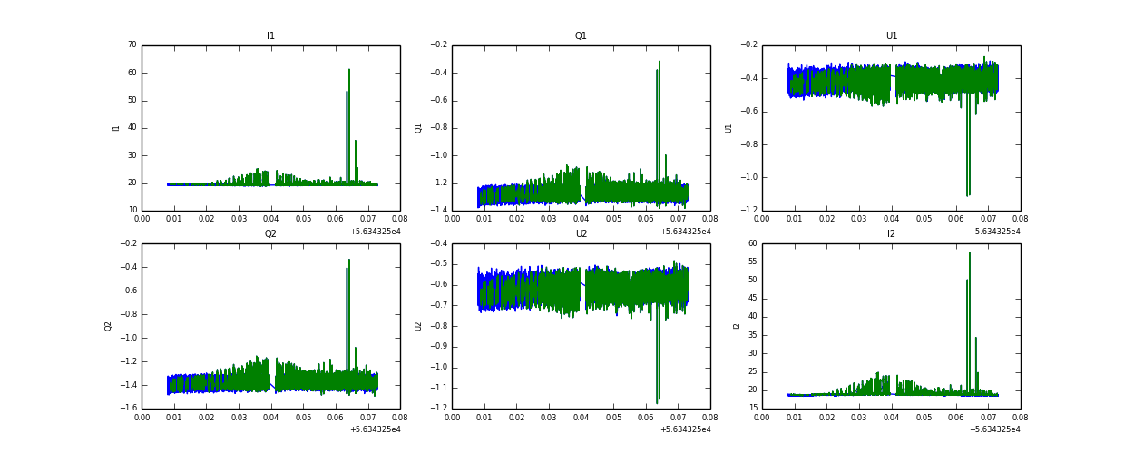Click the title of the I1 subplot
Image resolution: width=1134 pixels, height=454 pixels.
pos(270,36)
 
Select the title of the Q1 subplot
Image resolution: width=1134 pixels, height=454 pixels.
pos(581,36)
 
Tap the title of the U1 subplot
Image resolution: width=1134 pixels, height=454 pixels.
pos(892,36)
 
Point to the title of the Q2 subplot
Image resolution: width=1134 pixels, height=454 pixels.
pos(270,233)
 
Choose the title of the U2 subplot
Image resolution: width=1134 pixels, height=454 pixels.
pos(581,233)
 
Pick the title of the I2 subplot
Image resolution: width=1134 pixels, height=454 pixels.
pos(892,233)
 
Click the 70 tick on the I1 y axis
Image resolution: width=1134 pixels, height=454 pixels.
pos(132,44)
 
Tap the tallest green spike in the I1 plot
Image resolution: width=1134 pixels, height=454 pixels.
pos(349,70)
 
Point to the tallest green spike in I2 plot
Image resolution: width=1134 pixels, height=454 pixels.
pos(970,253)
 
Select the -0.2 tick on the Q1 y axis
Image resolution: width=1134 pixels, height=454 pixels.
pos(439,44)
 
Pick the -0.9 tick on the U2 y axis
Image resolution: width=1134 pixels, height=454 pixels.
pos(439,346)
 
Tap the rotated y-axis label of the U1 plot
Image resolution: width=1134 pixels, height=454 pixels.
pos(728,128)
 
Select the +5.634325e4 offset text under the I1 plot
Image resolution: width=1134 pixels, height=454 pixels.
pos(375,232)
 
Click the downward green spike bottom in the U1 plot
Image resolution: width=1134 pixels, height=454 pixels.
pos(968,195)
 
